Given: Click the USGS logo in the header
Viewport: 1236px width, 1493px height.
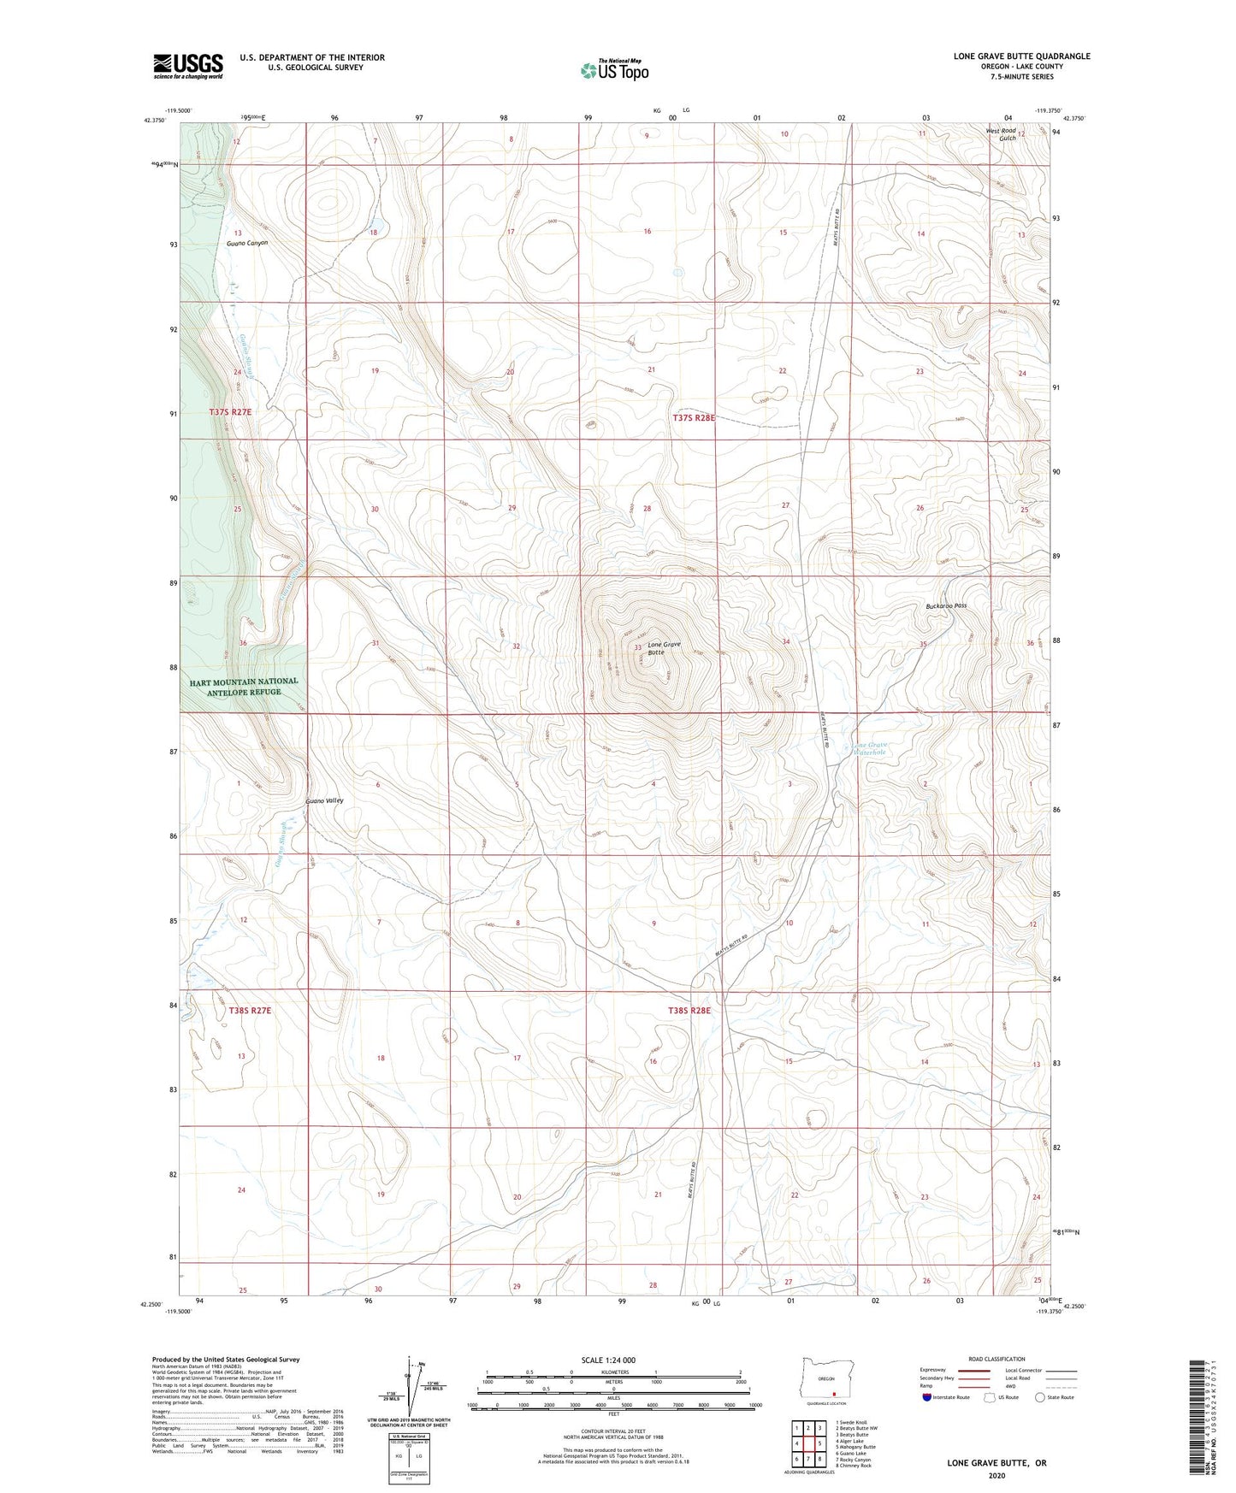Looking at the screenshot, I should tap(188, 66).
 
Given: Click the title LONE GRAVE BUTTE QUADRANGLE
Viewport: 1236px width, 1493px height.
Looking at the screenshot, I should tap(1021, 56).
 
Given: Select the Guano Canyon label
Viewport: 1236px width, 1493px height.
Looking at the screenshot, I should tap(247, 243).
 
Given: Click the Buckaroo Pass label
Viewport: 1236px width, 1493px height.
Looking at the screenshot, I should tap(945, 605).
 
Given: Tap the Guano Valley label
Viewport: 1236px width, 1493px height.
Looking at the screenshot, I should tap(324, 801).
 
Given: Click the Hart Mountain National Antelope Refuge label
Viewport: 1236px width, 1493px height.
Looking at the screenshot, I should tap(244, 687).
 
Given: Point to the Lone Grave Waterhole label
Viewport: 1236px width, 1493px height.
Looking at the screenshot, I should tap(871, 750).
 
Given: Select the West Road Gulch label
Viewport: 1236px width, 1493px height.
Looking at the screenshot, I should tap(1000, 134).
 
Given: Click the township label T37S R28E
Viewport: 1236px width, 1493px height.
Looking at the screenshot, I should tap(692, 418).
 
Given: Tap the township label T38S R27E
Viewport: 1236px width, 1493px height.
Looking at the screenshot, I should tap(250, 1011).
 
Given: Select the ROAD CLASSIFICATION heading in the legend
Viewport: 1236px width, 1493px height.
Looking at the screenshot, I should tap(996, 1359).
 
